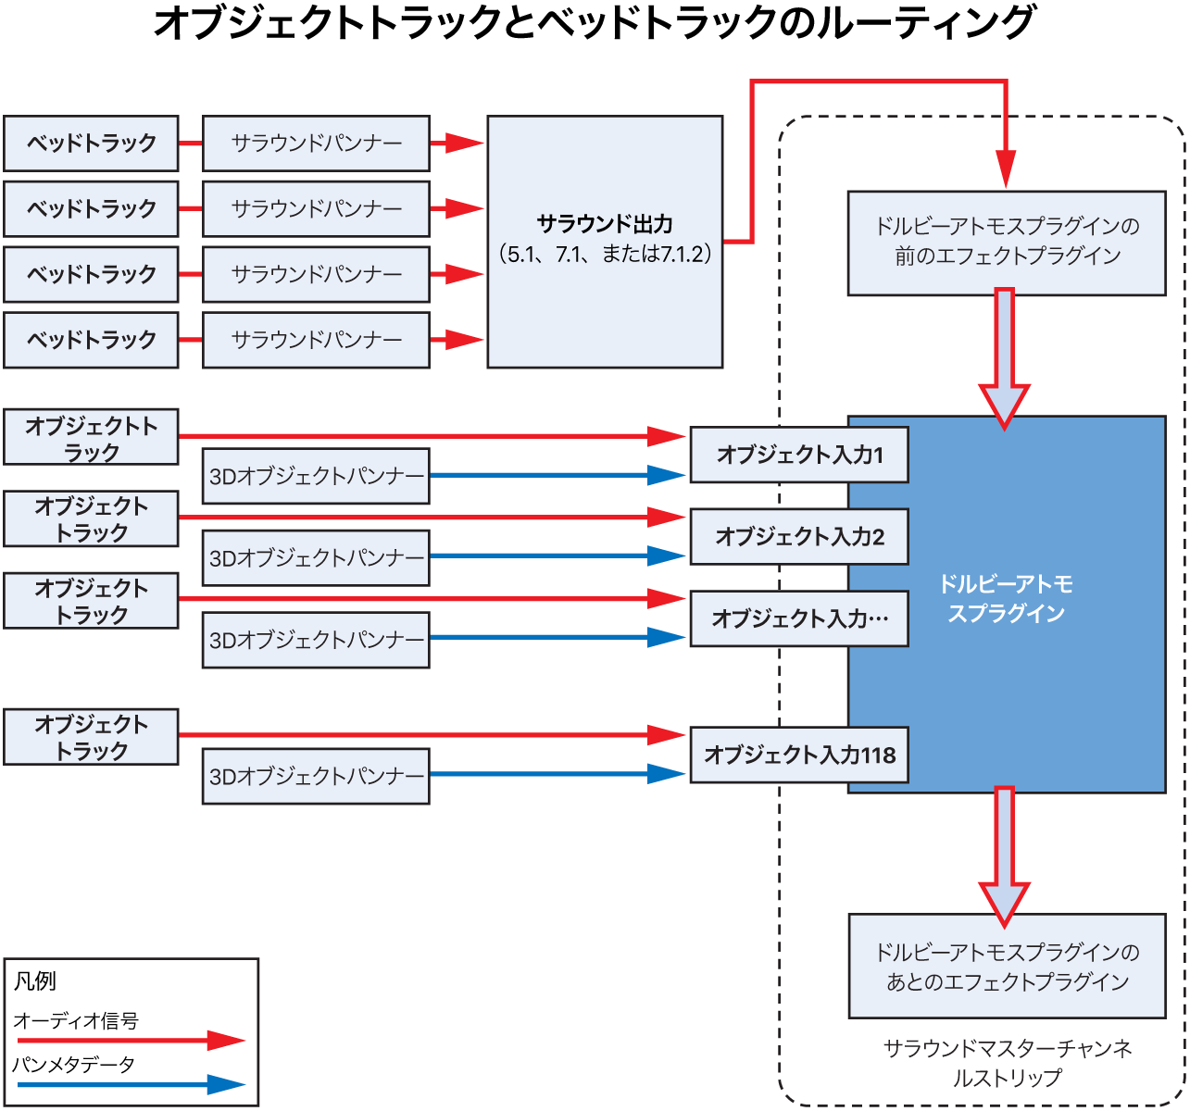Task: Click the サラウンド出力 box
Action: pyautogui.click(x=605, y=241)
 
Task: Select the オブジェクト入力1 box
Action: pyautogui.click(x=798, y=455)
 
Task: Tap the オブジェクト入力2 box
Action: pyautogui.click(x=798, y=536)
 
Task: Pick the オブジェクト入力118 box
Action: pyautogui.click(x=798, y=755)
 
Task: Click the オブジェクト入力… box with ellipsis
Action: pyautogui.click(x=798, y=618)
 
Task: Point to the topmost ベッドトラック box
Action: pyautogui.click(x=91, y=144)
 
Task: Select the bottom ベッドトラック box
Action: pyautogui.click(x=91, y=340)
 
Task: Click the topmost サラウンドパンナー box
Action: pyautogui.click(x=316, y=144)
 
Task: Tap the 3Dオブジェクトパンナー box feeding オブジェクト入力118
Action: pyautogui.click(x=316, y=776)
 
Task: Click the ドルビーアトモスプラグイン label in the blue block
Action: pyautogui.click(x=1007, y=599)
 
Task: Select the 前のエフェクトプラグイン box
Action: pyautogui.click(x=1007, y=243)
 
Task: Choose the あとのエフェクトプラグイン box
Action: pyautogui.click(x=1007, y=967)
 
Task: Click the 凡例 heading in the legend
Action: pyautogui.click(x=35, y=980)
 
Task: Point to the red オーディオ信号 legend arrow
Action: pyautogui.click(x=130, y=1041)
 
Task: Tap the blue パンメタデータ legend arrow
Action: pyautogui.click(x=130, y=1084)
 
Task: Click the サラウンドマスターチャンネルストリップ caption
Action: pyautogui.click(x=1007, y=1063)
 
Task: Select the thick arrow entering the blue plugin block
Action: pyautogui.click(x=1004, y=356)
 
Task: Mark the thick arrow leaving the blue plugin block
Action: pyautogui.click(x=1004, y=854)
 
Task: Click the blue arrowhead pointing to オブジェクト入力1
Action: pyautogui.click(x=667, y=476)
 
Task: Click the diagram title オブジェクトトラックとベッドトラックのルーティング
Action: pyautogui.click(x=594, y=23)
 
